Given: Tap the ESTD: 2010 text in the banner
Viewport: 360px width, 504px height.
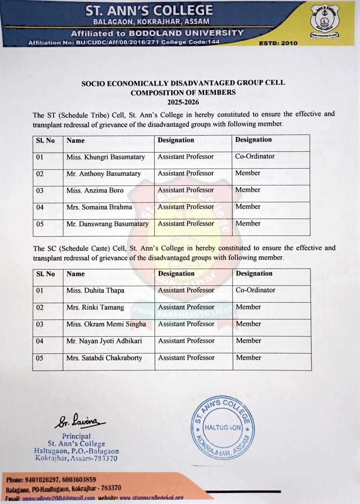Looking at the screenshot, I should pyautogui.click(x=278, y=43).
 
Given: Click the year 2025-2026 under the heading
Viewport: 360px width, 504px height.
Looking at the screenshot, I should pyautogui.click(x=183, y=102).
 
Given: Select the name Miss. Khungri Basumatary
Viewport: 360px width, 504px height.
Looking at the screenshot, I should pyautogui.click(x=105, y=157).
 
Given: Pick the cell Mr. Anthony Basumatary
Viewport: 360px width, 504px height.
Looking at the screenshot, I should pyautogui.click(x=104, y=174).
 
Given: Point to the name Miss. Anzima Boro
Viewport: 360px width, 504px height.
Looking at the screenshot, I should pyautogui.click(x=95, y=190).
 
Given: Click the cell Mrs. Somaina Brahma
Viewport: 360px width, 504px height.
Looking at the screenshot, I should pyautogui.click(x=99, y=207).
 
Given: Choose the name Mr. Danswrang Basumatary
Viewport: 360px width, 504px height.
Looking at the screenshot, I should pyautogui.click(x=108, y=224).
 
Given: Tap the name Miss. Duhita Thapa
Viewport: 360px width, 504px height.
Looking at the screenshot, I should pyautogui.click(x=95, y=290).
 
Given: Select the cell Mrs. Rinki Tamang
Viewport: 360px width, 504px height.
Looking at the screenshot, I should pyautogui.click(x=95, y=307).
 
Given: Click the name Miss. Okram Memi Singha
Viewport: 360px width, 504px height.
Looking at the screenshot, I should pyautogui.click(x=106, y=324).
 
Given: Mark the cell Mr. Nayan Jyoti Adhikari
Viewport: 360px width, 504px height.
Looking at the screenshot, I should pyautogui.click(x=104, y=341).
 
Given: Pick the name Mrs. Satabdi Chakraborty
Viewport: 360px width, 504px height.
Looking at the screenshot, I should pyautogui.click(x=105, y=358).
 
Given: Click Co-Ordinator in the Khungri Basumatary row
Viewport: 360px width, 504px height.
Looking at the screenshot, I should pyautogui.click(x=255, y=156).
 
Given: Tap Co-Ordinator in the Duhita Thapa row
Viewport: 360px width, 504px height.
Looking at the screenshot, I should pyautogui.click(x=255, y=290).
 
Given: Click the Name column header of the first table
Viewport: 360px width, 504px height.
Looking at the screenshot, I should pyautogui.click(x=76, y=141).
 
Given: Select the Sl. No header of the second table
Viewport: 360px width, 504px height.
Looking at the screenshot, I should pyautogui.click(x=45, y=274).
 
